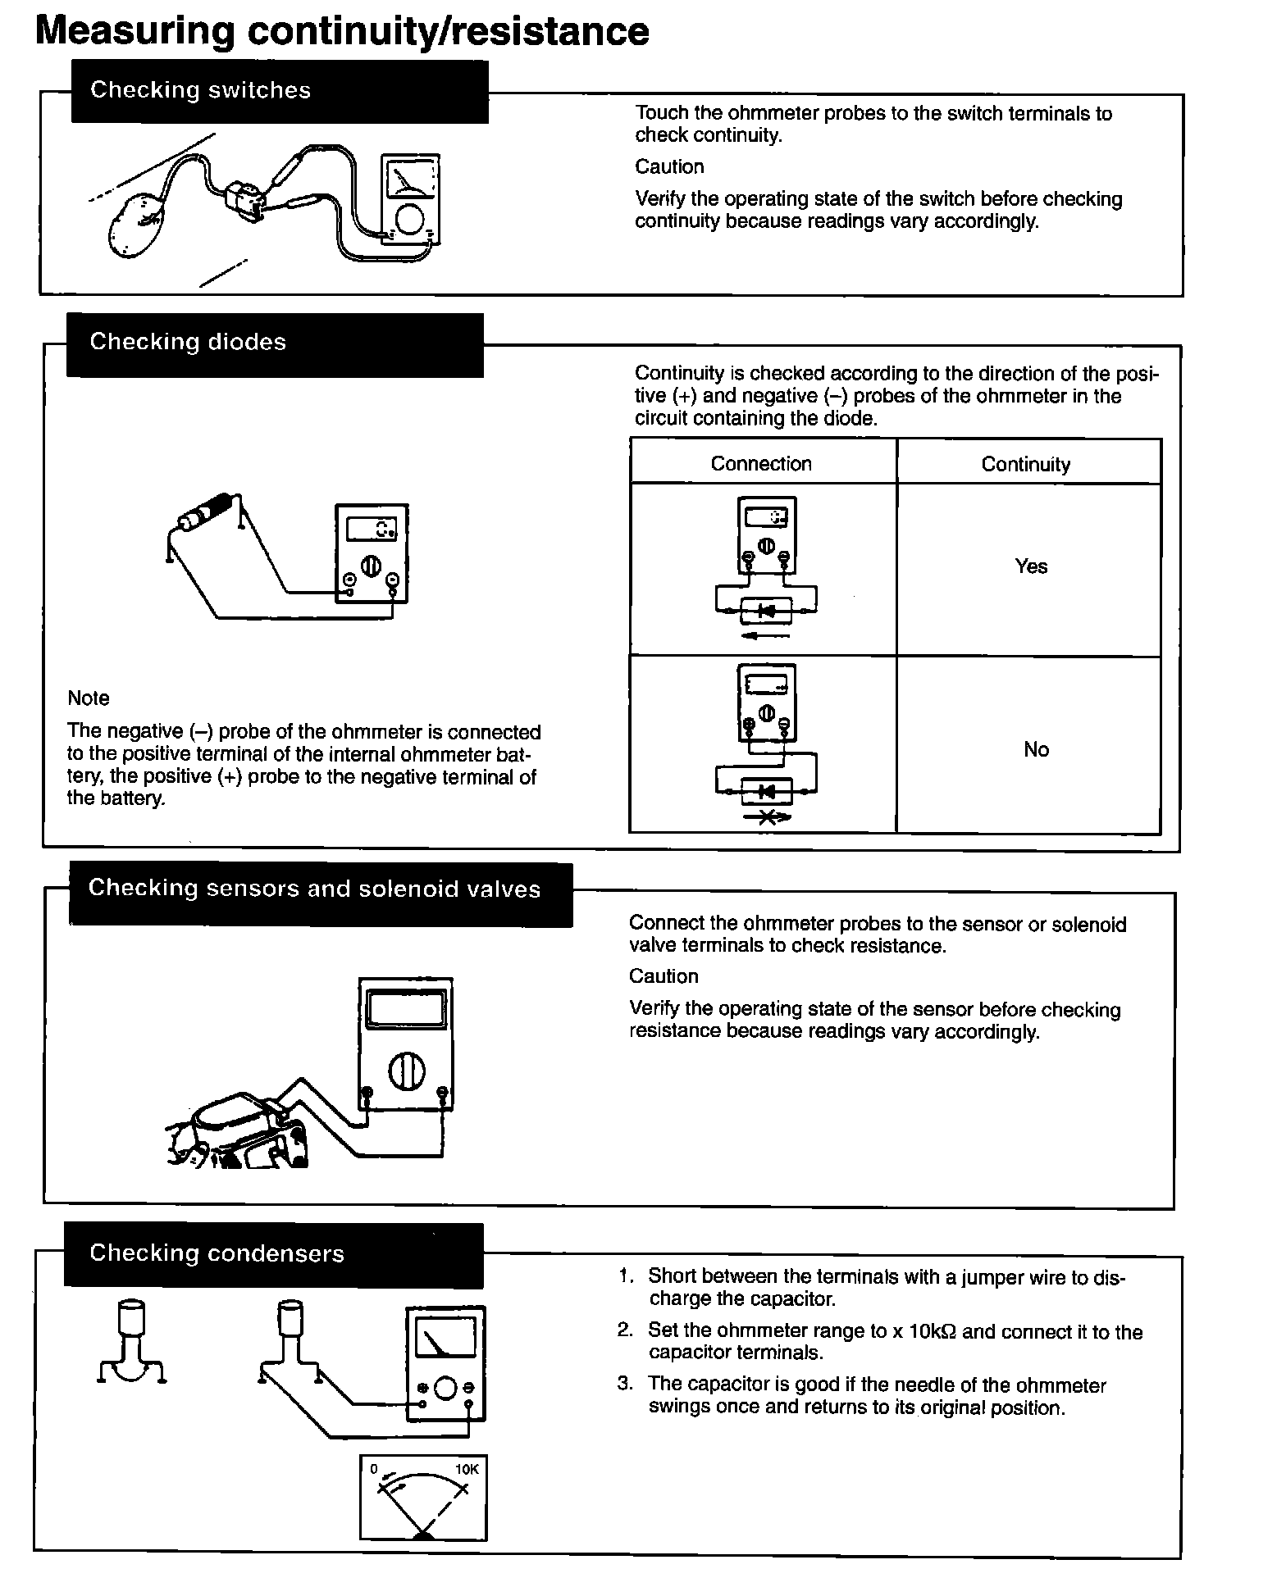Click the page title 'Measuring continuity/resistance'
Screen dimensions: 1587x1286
coord(342,31)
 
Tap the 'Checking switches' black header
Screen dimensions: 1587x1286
coord(200,90)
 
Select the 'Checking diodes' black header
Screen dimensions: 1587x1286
coord(188,342)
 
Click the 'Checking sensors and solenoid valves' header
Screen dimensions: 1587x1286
coord(314,889)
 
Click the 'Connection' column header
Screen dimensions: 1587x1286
coord(761,464)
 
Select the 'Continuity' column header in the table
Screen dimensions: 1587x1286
coord(1025,465)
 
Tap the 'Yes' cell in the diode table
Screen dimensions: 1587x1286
coord(1031,566)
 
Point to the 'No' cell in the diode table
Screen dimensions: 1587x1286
coord(1036,749)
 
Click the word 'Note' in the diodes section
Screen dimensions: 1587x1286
coord(89,698)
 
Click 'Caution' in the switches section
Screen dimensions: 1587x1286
coord(669,167)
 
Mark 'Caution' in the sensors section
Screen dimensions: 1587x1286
coord(664,976)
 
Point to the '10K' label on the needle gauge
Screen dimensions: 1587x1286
coord(467,1470)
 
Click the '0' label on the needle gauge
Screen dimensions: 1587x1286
coord(374,1469)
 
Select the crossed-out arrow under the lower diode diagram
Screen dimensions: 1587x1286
coord(767,817)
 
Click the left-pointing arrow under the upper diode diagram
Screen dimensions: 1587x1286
coord(764,636)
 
